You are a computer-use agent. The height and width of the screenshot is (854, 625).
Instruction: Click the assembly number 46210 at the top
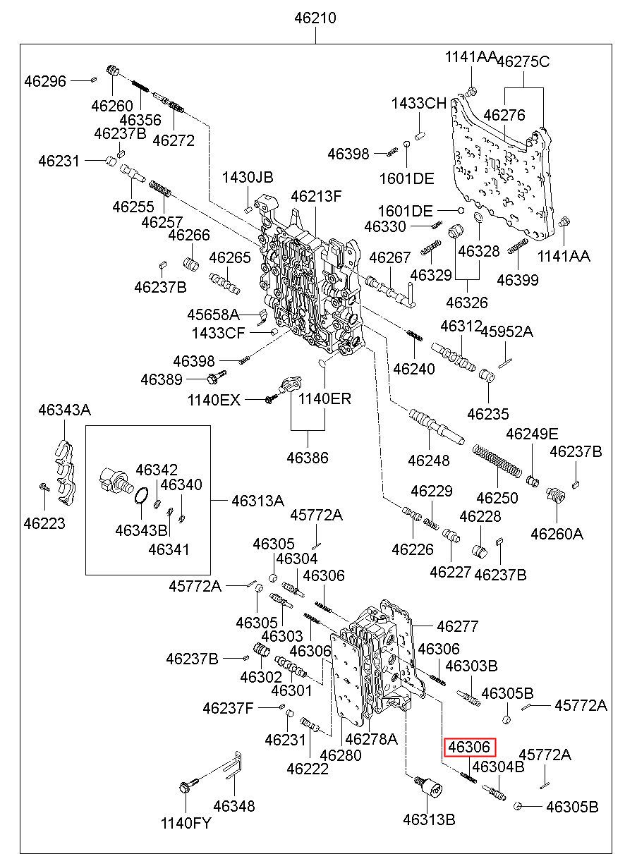pyautogui.click(x=315, y=18)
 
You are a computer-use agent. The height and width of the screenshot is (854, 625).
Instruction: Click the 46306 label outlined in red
pyautogui.click(x=470, y=747)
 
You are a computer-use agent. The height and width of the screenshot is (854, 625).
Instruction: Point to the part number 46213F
pyautogui.click(x=316, y=196)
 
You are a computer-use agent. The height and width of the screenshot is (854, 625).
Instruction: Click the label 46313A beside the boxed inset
pyautogui.click(x=258, y=501)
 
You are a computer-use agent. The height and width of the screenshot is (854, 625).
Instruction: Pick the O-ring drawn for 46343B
pyautogui.click(x=141, y=498)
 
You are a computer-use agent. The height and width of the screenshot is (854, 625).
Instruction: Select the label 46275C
pyautogui.click(x=523, y=61)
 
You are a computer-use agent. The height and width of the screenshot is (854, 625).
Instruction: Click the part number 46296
pyautogui.click(x=45, y=81)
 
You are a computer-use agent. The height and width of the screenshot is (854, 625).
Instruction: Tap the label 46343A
pyautogui.click(x=64, y=410)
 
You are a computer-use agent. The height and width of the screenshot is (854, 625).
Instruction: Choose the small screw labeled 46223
pyautogui.click(x=43, y=487)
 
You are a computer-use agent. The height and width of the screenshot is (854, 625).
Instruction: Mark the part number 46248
pyautogui.click(x=428, y=460)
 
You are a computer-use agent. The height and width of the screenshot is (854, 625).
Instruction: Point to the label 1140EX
pyautogui.click(x=214, y=400)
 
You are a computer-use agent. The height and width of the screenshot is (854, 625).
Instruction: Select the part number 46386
pyautogui.click(x=308, y=458)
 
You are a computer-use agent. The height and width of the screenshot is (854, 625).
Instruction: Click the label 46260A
pyautogui.click(x=557, y=534)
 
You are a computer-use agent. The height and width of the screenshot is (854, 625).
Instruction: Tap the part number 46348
pyautogui.click(x=234, y=806)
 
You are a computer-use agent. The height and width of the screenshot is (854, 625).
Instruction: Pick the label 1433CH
pyautogui.click(x=419, y=104)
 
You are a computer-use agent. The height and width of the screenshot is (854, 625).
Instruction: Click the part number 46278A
pyautogui.click(x=372, y=739)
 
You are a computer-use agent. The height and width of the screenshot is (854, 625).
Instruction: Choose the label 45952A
pyautogui.click(x=506, y=331)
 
